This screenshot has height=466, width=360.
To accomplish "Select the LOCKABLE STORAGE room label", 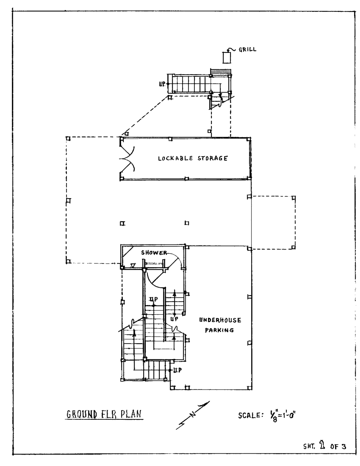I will [x=193, y=159].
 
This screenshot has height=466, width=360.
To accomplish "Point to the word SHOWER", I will [x=154, y=253].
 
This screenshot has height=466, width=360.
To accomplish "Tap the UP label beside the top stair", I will [x=162, y=83].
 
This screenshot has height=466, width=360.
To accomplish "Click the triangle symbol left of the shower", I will [x=133, y=265].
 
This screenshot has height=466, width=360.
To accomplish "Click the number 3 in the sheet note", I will [x=343, y=446].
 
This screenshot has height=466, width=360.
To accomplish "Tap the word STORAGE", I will [x=213, y=159].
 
